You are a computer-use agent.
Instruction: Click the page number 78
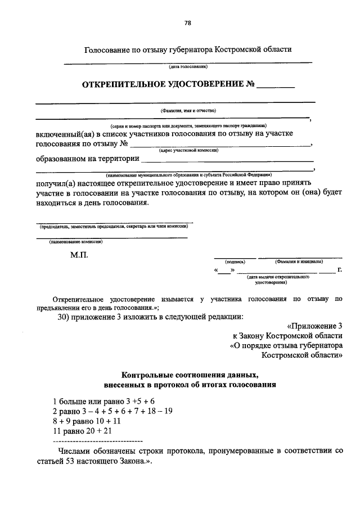(188, 23)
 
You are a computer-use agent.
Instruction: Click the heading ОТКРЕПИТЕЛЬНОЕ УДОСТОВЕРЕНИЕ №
(169, 85)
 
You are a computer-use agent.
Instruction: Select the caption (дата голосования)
(188, 66)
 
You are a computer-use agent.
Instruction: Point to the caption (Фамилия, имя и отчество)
(188, 111)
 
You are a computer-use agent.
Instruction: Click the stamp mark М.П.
(79, 254)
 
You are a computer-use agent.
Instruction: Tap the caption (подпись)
(234, 262)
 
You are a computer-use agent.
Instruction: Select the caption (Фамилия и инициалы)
(298, 262)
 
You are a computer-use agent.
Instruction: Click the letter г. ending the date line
(340, 271)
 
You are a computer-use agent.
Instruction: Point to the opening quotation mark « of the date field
(217, 271)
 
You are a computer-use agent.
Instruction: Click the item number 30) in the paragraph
(64, 316)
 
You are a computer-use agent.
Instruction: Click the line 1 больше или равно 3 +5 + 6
(103, 402)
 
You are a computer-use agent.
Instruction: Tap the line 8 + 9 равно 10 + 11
(87, 420)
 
